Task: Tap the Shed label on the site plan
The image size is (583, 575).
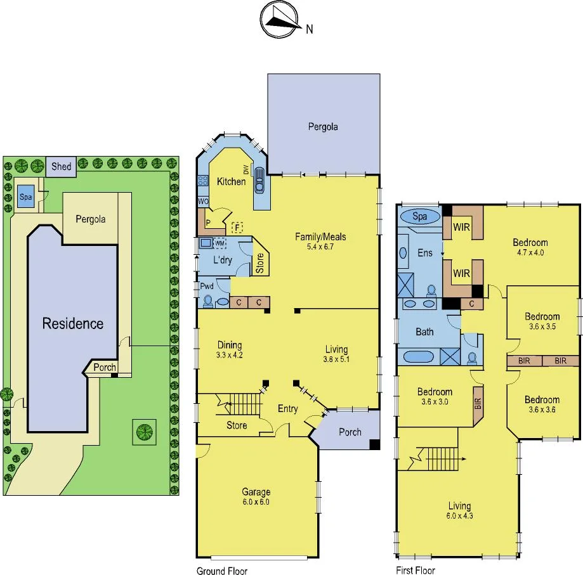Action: pyautogui.click(x=62, y=167)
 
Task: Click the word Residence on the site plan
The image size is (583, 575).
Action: pyautogui.click(x=72, y=323)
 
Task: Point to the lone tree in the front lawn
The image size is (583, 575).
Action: pyautogui.click(x=145, y=432)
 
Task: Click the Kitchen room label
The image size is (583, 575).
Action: pyautogui.click(x=231, y=181)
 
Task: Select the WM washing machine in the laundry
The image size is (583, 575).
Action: pyautogui.click(x=220, y=243)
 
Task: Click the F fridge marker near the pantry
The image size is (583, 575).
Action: pyautogui.click(x=237, y=226)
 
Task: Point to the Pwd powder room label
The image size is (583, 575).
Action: pyautogui.click(x=207, y=287)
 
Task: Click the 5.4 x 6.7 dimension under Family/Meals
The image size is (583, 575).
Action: pyautogui.click(x=320, y=247)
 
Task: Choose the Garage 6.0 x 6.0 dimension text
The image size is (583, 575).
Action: pyautogui.click(x=256, y=501)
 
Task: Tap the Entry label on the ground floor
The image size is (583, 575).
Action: pyautogui.click(x=287, y=409)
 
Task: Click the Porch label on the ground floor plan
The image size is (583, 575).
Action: pyautogui.click(x=350, y=432)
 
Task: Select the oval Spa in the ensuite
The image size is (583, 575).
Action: pyautogui.click(x=420, y=216)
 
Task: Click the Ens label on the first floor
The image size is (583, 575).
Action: pyautogui.click(x=425, y=253)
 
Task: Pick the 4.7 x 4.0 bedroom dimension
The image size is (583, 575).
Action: pyautogui.click(x=530, y=252)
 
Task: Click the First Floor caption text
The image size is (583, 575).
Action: pyautogui.click(x=416, y=571)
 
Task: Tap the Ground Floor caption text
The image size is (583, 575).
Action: pyautogui.click(x=222, y=571)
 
